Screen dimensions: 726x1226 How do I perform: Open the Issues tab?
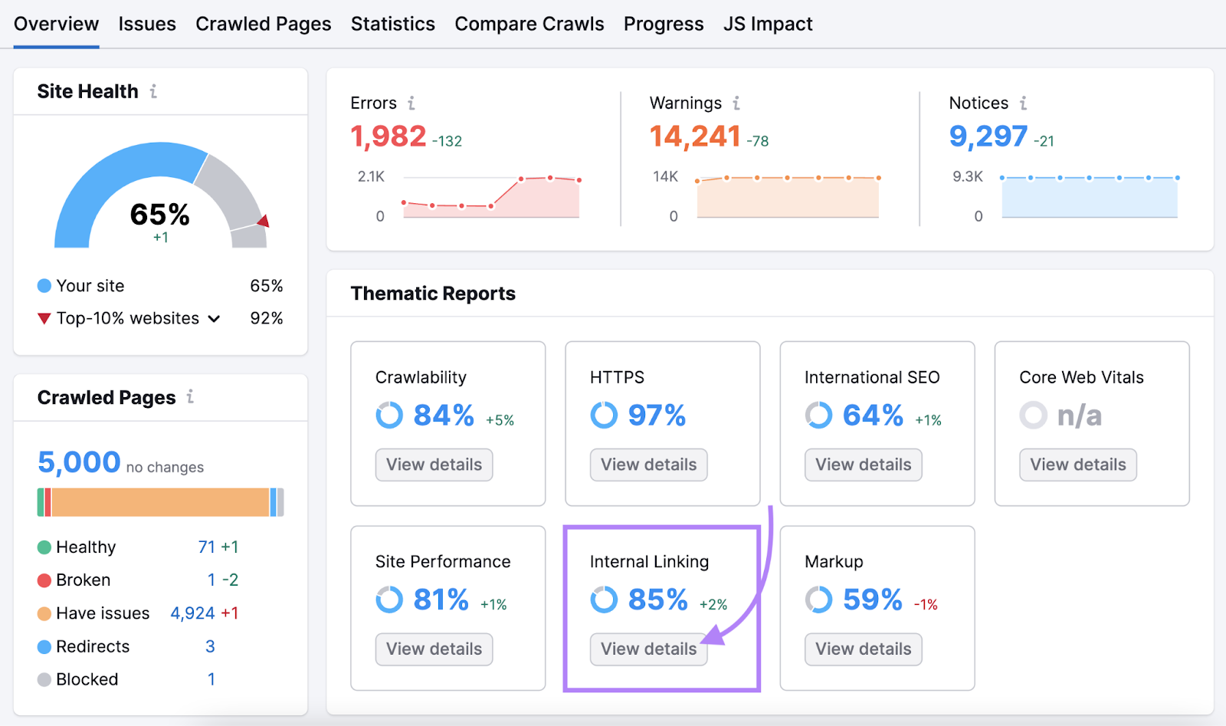[147, 25]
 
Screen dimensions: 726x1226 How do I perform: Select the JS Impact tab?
[768, 25]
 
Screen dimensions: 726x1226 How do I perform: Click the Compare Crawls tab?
[529, 25]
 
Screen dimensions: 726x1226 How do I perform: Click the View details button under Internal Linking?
[648, 649]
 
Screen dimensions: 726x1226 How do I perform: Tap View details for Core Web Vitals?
[1077, 465]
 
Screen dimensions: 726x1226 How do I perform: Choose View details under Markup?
[863, 649]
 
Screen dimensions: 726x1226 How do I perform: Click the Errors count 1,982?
[388, 136]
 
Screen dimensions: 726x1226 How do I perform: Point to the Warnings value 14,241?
[695, 136]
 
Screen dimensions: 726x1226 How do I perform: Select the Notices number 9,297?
[988, 136]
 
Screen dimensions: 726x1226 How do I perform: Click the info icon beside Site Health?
[153, 91]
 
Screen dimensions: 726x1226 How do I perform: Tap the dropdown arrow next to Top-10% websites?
[214, 319]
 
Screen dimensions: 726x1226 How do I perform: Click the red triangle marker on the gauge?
[264, 222]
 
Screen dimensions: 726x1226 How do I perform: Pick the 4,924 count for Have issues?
[192, 613]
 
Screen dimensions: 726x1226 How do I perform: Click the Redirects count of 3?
[210, 646]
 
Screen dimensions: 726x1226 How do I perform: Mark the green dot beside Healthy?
[44, 547]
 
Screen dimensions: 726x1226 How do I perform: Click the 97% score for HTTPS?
[657, 416]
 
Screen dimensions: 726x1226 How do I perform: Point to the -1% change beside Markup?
[926, 605]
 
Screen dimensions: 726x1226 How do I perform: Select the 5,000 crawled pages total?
[79, 462]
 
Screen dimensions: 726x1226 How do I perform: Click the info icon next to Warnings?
[736, 103]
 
